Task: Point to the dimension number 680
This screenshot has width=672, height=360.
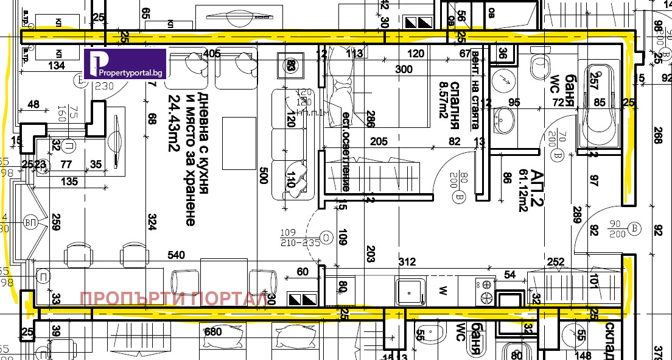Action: click(213, 333)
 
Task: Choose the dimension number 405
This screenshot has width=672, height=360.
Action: click(212, 54)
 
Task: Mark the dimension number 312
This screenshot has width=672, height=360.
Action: click(407, 262)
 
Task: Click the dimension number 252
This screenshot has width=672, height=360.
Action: click(556, 262)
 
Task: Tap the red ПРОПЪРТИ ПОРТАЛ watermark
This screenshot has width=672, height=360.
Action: click(173, 299)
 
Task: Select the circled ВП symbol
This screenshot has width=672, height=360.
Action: click(30, 223)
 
